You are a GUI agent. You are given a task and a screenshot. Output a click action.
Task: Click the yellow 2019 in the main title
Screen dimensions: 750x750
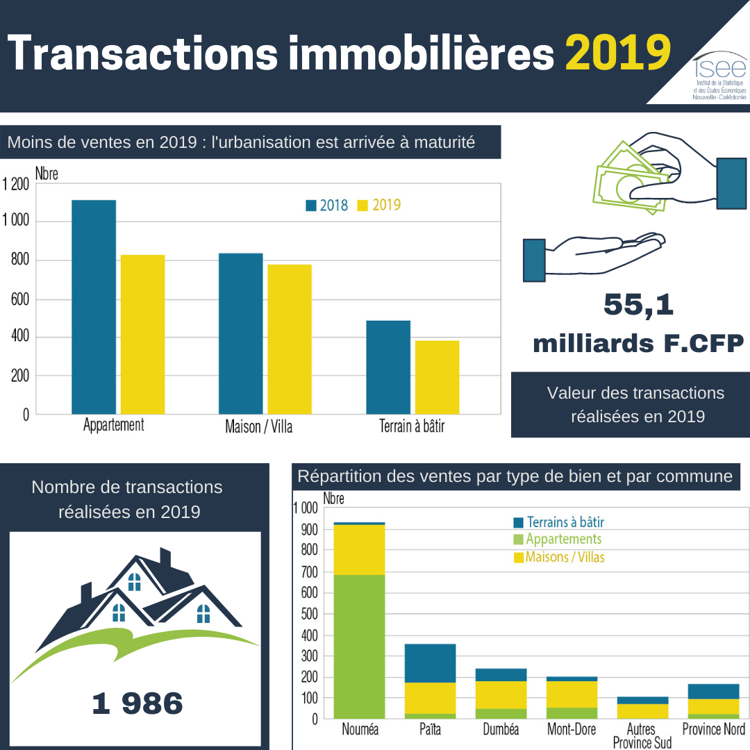[x=618, y=53]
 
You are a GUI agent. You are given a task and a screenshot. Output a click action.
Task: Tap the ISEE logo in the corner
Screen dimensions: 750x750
[x=719, y=76]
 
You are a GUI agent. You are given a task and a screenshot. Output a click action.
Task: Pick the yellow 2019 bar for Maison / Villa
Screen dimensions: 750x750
[x=290, y=339]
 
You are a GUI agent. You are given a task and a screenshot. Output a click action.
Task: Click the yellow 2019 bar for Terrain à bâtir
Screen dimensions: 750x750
[x=437, y=377]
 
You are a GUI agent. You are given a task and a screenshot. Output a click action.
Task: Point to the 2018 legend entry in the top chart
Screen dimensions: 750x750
[x=328, y=206]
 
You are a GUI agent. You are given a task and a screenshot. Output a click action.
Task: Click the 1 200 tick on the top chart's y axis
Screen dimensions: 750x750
[x=15, y=184]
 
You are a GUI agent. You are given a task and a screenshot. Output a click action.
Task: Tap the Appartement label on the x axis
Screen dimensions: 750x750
[x=113, y=425]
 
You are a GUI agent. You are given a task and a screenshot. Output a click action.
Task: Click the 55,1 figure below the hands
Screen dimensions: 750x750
[x=639, y=305]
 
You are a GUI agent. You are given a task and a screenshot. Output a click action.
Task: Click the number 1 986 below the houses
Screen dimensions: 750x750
[x=137, y=703]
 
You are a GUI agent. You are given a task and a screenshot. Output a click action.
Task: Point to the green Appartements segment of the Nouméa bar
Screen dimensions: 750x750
[x=359, y=646]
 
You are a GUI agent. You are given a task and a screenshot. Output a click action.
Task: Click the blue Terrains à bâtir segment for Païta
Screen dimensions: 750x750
[x=430, y=663]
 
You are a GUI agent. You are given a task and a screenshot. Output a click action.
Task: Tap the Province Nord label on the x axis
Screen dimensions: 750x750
[x=713, y=729]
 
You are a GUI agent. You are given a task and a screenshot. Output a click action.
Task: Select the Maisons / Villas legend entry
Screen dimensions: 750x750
[x=559, y=557]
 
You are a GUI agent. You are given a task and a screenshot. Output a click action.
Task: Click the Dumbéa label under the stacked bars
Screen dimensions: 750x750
[x=501, y=730]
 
